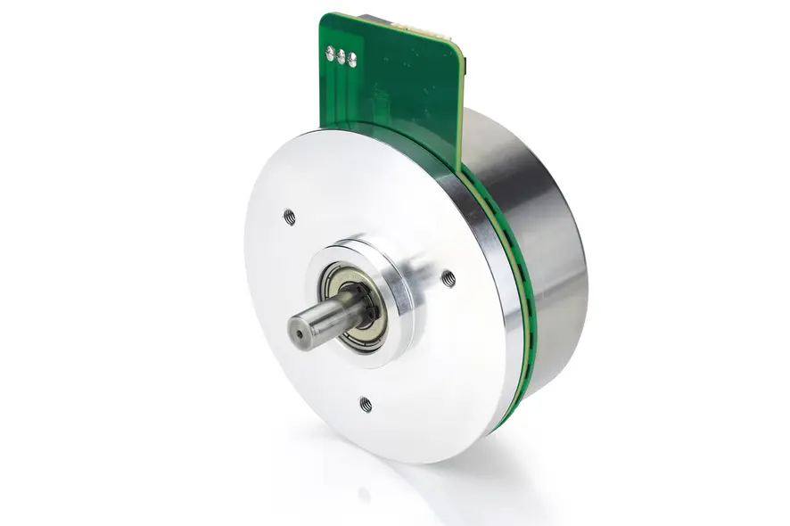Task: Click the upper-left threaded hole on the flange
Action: point(289,215)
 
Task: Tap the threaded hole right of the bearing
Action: point(448,278)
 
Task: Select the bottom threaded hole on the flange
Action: point(366,404)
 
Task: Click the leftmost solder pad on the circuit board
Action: point(330,52)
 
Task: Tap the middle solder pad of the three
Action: point(341,56)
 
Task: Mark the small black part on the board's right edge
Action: point(465,67)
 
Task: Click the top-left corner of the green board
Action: point(324,16)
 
